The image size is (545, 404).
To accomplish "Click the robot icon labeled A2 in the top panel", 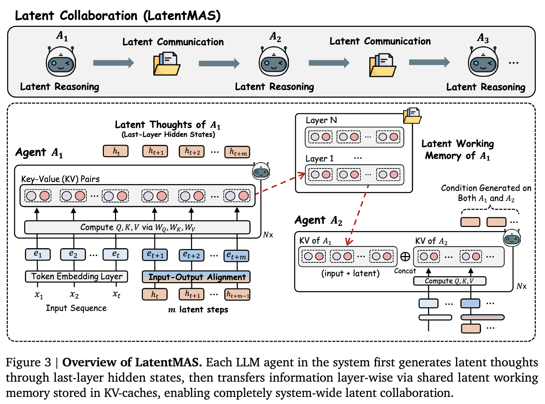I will (x=274, y=62).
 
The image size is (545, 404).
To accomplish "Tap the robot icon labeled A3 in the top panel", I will (x=483, y=62).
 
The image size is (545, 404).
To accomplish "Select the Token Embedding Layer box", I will (x=77, y=277).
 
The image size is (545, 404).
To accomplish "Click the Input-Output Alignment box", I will (x=196, y=277).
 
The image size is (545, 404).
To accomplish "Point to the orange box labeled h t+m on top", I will (x=237, y=152).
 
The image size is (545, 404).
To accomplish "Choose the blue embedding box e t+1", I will (x=155, y=255).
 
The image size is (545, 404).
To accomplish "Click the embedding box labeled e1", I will (x=38, y=254).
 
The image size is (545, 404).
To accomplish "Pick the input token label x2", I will (x=74, y=295).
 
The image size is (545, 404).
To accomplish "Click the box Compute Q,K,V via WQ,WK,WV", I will (x=137, y=227).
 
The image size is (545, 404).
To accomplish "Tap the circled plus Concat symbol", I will (x=405, y=256).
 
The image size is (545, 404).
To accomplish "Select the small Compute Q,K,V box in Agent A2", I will (x=449, y=281).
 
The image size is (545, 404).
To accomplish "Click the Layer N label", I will (x=321, y=120).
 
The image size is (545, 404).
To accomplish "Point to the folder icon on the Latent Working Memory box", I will (x=412, y=116).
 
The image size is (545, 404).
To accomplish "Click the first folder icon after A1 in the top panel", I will (x=167, y=64).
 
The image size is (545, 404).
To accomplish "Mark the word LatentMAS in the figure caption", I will (x=168, y=362).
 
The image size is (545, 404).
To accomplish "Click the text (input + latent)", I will (x=350, y=274).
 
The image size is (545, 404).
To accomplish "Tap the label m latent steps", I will (x=198, y=310).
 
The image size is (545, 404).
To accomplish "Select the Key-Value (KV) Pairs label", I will (x=60, y=179).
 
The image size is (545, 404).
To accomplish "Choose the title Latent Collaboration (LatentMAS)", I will (x=118, y=16).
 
